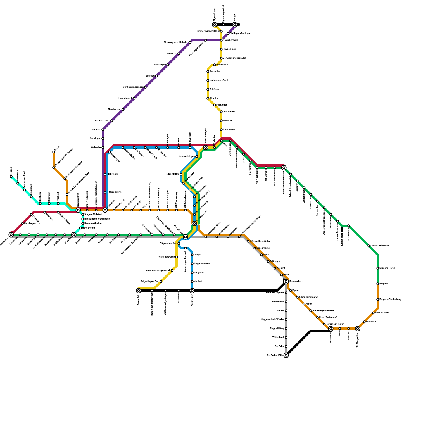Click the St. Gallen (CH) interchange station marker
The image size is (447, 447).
286,355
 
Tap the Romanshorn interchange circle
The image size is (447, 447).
286,282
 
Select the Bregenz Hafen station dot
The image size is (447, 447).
378,268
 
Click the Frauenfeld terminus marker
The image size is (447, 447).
139,291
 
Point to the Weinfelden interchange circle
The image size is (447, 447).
192,291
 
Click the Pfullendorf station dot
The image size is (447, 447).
215,65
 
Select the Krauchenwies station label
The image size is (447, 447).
230,40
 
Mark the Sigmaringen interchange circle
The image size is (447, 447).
215,25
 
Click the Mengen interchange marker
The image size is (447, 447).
235,25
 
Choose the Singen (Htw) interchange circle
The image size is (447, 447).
78,210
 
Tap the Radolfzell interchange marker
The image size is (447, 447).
105,210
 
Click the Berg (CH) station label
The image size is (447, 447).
199,273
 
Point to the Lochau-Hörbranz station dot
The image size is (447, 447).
369,246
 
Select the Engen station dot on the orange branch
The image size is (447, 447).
54,152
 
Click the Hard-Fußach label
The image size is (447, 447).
382,313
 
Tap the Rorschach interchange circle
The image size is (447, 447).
331,329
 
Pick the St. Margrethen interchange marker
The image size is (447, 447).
358,329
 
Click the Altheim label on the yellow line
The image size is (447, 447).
213,98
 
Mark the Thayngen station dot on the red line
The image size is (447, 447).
31,215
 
